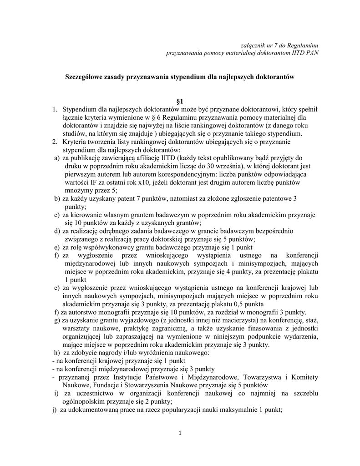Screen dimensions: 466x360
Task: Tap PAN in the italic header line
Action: [311, 52]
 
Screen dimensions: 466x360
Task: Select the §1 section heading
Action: [180, 101]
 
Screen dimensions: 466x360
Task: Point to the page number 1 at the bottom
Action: [180, 433]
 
